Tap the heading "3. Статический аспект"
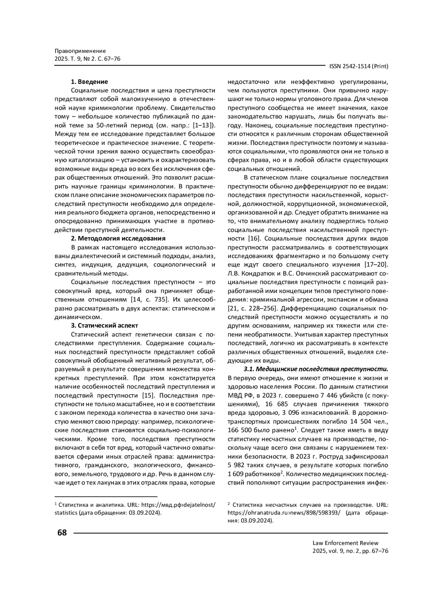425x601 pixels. [104, 325]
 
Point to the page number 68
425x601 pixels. [62, 533]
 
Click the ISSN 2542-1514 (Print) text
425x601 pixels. [358, 66]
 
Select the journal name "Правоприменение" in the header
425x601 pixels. [80, 51]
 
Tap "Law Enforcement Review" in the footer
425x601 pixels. [345, 543]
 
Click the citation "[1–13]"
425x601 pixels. [203, 125]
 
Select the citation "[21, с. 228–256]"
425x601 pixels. [249, 308]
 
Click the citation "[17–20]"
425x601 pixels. [376, 265]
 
